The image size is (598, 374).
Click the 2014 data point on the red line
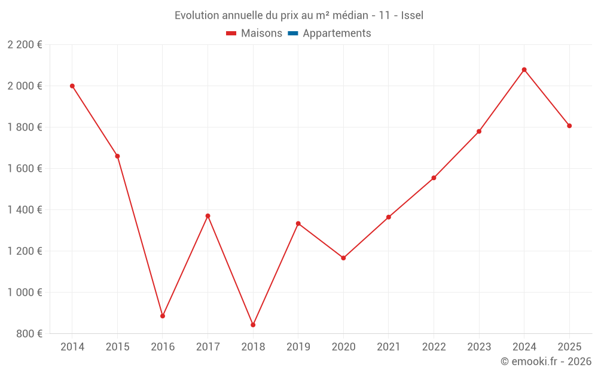72,86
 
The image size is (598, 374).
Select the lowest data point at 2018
253,325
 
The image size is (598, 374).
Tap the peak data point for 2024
524,70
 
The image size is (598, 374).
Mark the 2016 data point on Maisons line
163,316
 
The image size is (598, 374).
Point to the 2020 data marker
343,258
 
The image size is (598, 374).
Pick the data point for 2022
434,178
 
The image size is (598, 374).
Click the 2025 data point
569,126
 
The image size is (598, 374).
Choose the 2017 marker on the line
208,216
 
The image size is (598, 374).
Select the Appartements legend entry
337,34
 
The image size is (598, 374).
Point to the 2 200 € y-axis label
25,45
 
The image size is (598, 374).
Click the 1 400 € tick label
25,210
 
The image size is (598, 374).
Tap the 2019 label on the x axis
298,347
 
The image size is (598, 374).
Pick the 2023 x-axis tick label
478,347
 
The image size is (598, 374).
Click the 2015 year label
117,347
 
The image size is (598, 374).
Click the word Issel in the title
412,16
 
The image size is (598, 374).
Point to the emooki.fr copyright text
545,361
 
